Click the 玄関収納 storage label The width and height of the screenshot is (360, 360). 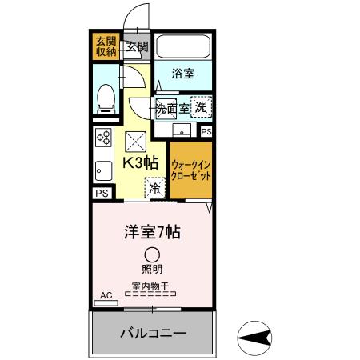(105, 46)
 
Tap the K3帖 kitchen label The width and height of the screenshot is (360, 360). (139, 162)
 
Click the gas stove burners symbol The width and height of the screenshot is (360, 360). (104, 137)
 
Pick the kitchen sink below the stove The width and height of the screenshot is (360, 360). (103, 170)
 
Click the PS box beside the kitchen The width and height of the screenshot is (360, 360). (102, 194)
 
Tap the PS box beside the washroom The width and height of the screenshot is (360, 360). (206, 131)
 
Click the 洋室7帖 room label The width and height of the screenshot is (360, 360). (151, 233)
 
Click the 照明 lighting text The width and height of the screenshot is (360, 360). (152, 269)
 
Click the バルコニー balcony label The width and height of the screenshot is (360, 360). (154, 332)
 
